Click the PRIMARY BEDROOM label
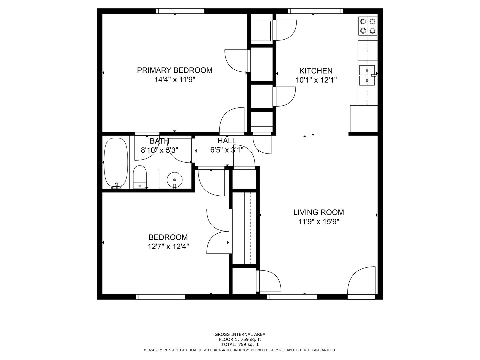click(175, 70)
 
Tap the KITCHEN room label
click(316, 71)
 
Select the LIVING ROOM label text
click(319, 212)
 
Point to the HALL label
click(227, 141)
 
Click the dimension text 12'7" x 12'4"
click(168, 247)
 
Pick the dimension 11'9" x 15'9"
click(319, 222)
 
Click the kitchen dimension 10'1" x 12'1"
click(316, 80)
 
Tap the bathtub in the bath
click(116, 163)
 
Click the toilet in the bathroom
click(140, 177)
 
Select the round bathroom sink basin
click(175, 179)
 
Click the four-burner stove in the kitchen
click(368, 26)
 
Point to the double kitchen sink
click(367, 75)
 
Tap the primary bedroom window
click(180, 11)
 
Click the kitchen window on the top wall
click(315, 11)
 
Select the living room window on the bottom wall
click(292, 297)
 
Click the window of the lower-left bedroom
click(161, 297)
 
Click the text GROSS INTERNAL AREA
click(240, 334)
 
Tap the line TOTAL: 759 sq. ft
click(240, 345)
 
